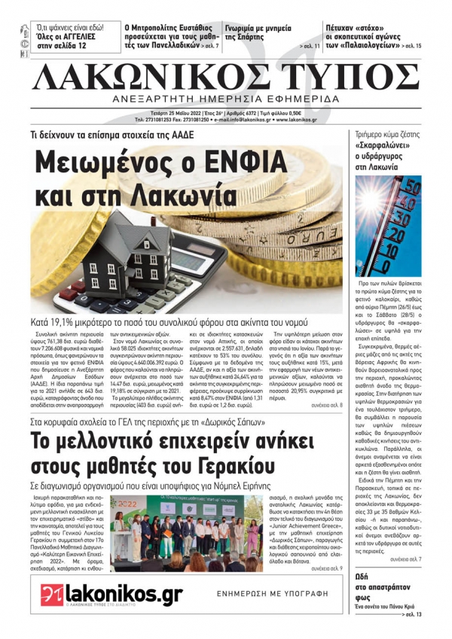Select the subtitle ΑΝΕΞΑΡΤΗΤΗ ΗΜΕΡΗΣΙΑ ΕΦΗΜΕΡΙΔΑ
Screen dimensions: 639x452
pos(227,100)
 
